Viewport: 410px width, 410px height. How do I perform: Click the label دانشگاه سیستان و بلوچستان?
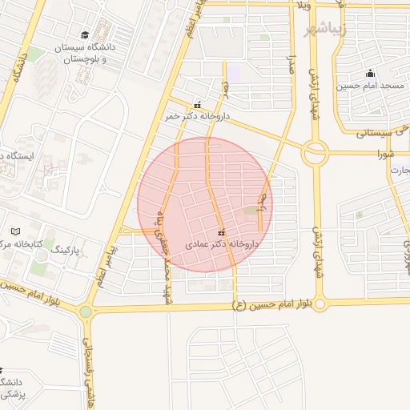pos(85,54)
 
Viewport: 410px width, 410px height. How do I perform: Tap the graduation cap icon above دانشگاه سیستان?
pos(85,34)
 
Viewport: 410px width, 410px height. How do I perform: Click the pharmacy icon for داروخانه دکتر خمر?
pos(198,104)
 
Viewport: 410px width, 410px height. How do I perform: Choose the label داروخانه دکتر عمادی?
pos(222,243)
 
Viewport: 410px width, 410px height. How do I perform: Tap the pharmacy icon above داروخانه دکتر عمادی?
pos(221,232)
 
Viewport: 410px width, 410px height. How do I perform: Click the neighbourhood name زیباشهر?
pos(328,30)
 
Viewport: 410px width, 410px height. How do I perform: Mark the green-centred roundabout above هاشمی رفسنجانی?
pos(86,312)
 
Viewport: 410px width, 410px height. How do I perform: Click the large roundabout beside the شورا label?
pos(314,152)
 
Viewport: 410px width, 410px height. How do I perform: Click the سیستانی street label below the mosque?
pos(376,129)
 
